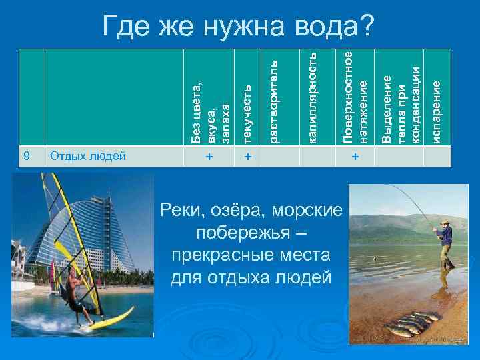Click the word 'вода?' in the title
[x=337, y=26]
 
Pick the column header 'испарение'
[x=437, y=111]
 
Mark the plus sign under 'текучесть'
[x=247, y=157]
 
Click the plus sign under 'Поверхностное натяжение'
[x=355, y=157]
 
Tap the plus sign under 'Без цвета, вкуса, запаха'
[x=209, y=157]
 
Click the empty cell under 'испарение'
[x=437, y=157]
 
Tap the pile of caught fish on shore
[x=413, y=323]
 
